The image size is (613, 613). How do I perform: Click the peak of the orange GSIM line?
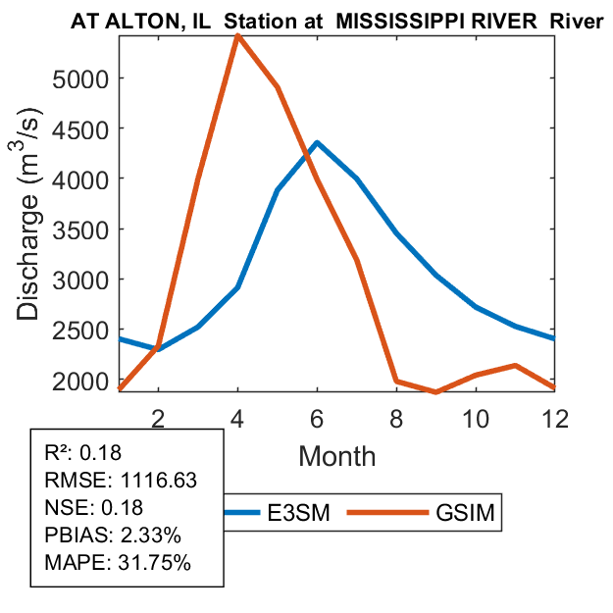(x=238, y=35)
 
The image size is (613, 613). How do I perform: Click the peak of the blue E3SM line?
(x=317, y=142)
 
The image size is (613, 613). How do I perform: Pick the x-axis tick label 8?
(x=396, y=416)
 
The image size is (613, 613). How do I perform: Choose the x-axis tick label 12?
(x=553, y=416)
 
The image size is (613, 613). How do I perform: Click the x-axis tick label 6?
(x=317, y=416)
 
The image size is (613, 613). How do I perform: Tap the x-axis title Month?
(x=336, y=455)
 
